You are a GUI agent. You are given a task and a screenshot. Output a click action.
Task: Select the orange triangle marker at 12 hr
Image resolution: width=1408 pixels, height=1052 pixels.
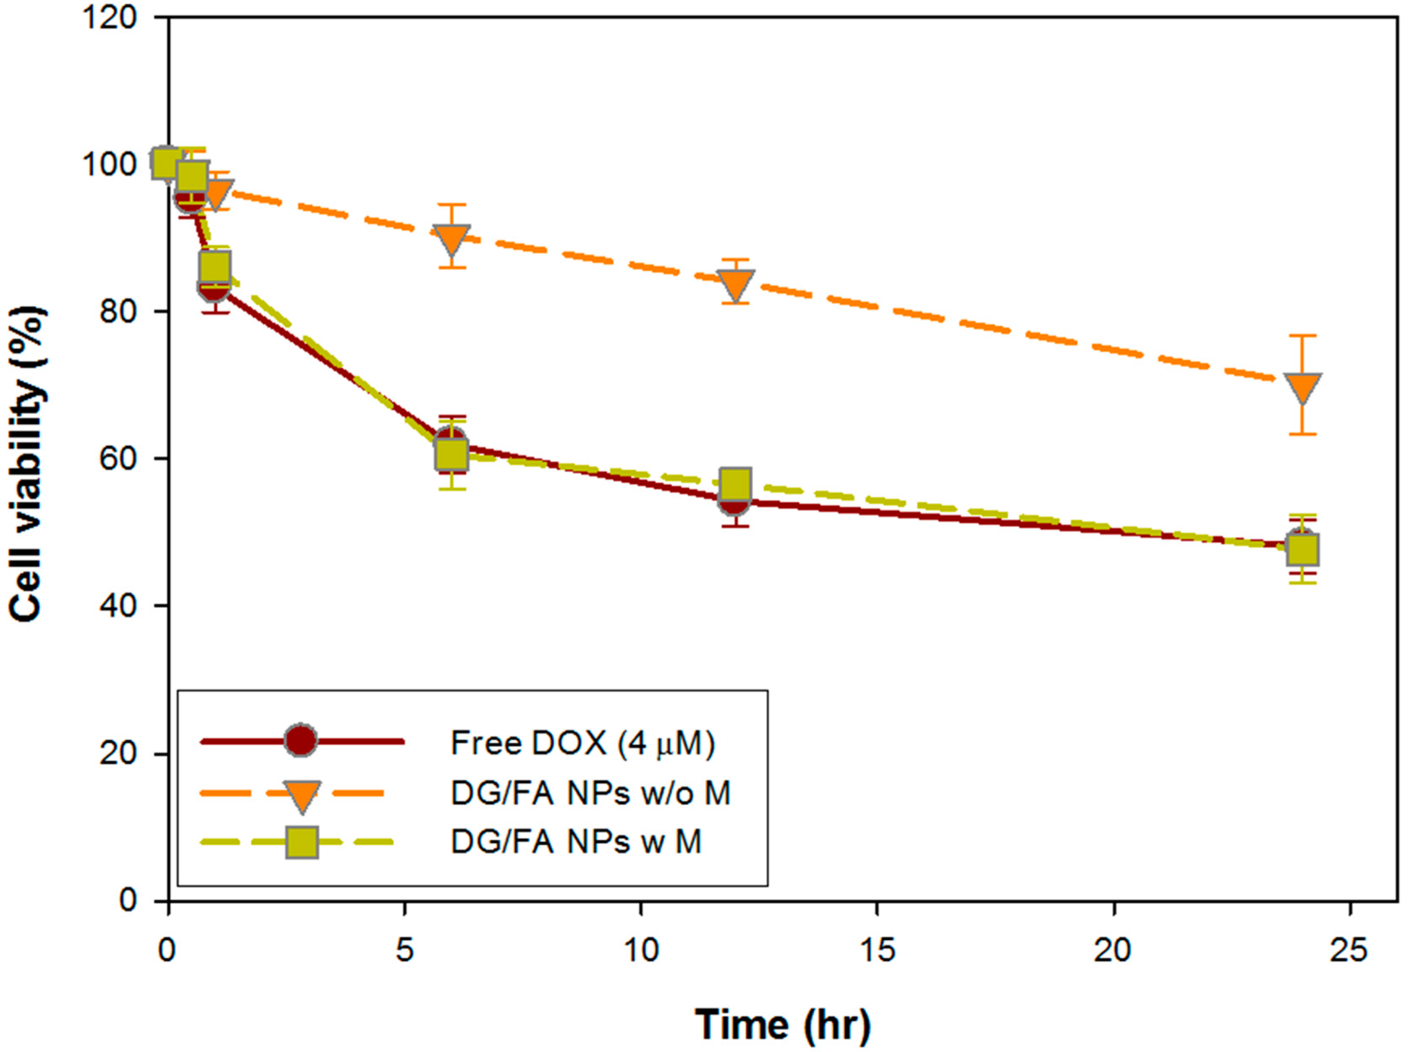[x=736, y=283]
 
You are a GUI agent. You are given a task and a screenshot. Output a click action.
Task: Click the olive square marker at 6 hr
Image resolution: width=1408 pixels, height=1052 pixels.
[x=451, y=455]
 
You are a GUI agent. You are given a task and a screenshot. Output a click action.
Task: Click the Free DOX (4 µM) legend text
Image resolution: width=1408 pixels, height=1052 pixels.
[x=582, y=743]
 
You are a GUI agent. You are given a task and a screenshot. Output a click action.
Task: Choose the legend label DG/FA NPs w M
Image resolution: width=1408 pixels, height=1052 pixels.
[x=576, y=843]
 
